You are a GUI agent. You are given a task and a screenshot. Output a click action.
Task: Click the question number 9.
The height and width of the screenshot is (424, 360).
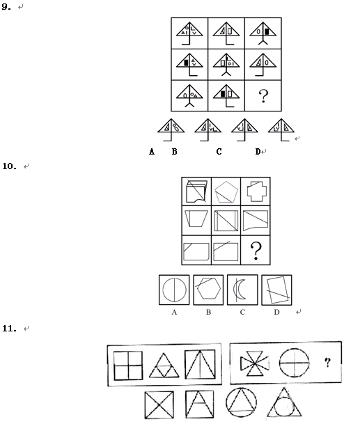point(6,7)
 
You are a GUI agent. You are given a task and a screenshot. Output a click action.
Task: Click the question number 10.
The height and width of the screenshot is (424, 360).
point(9,166)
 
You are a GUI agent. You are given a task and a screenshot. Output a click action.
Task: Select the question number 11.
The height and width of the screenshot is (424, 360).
point(9,329)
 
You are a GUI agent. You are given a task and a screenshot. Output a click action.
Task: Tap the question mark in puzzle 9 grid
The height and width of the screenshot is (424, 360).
point(263,96)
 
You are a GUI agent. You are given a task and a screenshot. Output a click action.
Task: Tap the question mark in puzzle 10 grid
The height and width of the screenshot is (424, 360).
point(256,251)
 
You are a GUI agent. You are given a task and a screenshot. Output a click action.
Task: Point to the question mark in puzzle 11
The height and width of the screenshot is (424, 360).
point(327,362)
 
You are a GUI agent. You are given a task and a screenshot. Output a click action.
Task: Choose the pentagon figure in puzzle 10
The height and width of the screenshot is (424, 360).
point(226,192)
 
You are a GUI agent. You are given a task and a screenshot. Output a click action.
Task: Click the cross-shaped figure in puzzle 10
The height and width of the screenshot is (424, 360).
point(257,191)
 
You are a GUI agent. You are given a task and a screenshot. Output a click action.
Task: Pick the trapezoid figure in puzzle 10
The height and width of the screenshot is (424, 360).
point(196,219)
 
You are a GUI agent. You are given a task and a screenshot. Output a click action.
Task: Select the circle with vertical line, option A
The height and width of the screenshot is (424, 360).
point(174,290)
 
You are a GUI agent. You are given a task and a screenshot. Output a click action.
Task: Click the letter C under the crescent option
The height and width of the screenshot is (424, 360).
point(242,312)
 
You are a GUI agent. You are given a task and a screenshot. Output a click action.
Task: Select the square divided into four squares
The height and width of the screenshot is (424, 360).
point(128,366)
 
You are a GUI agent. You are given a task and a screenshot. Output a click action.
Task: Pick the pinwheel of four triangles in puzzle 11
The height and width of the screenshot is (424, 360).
point(255,363)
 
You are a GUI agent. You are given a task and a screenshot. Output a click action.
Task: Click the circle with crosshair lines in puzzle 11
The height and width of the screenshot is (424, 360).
point(294,363)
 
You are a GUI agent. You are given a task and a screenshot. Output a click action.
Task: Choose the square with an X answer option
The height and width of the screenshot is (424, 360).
point(159,405)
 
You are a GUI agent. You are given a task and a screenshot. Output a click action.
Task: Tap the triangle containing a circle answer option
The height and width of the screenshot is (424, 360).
point(284,402)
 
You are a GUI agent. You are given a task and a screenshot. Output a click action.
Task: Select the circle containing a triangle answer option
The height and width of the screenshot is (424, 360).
point(241,403)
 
